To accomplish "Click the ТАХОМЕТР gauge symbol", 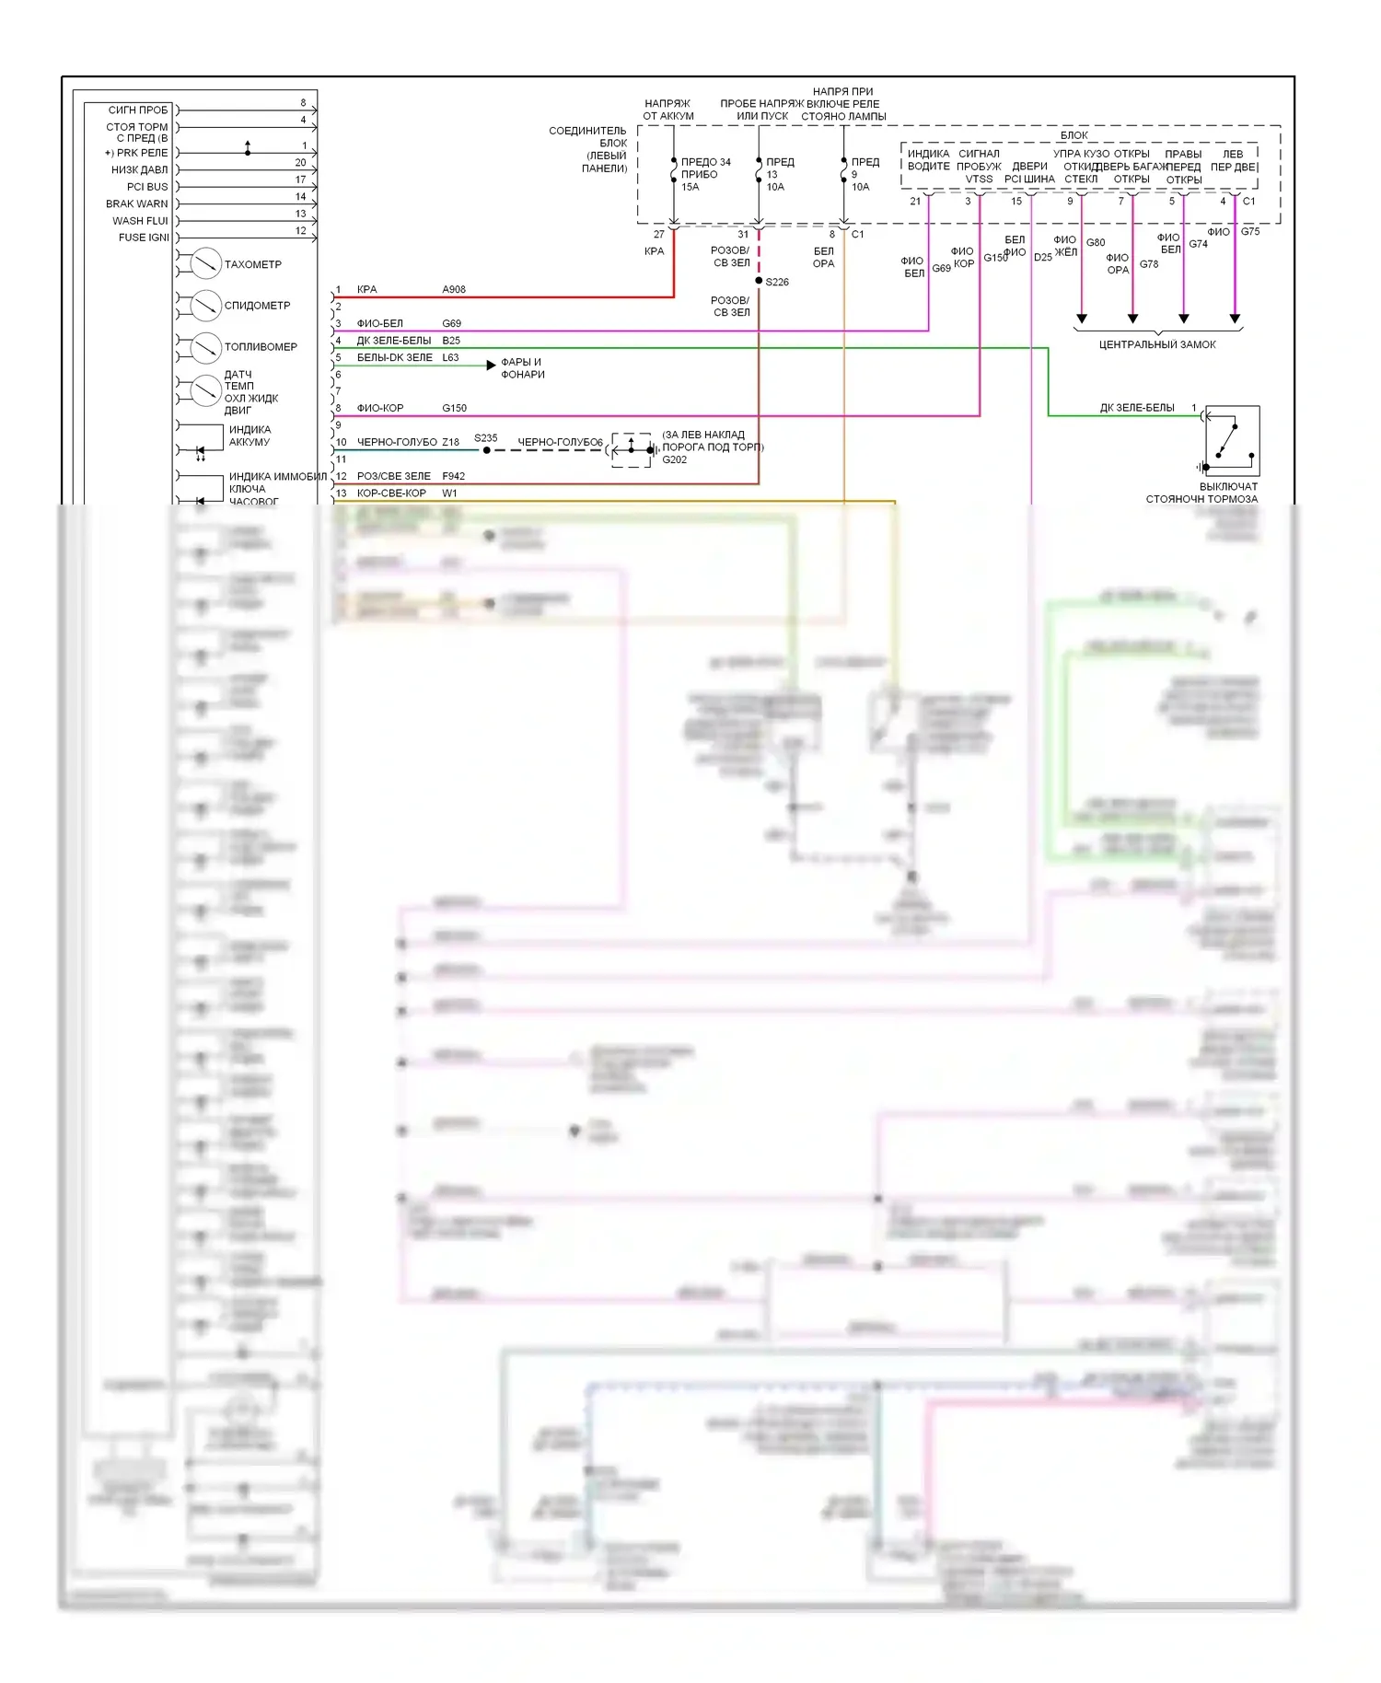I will tap(205, 264).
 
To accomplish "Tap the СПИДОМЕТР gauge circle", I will tap(205, 306).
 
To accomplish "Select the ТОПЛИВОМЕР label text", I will tap(261, 347).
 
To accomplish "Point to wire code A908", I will tap(454, 289).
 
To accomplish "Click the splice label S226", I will tap(777, 282).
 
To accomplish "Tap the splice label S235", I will tap(486, 438).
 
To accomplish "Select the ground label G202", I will tap(675, 459).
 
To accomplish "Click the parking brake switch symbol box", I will tap(1232, 441).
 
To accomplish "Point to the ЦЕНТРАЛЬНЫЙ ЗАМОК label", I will tap(1157, 344).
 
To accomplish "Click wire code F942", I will tap(454, 476).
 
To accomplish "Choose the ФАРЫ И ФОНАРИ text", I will tap(523, 368).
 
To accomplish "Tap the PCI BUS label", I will tap(147, 187).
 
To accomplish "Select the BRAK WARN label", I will tap(137, 203).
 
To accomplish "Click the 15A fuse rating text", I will tap(690, 187).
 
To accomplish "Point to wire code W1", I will tap(449, 493).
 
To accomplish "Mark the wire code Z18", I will tap(450, 442).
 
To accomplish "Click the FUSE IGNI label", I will tap(144, 238).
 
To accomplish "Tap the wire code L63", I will tap(450, 357).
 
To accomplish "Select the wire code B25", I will tap(451, 341).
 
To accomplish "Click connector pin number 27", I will tap(659, 234).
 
